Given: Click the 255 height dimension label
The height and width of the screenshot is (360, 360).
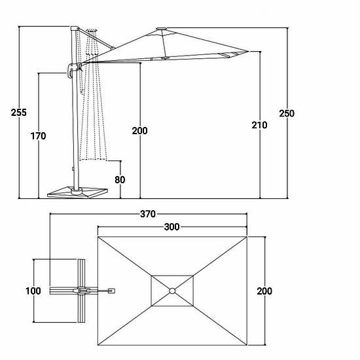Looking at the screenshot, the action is click(x=19, y=113).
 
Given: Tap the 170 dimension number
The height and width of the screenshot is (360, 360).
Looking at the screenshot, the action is click(x=39, y=136).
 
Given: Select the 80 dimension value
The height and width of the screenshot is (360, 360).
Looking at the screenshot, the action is click(x=120, y=180).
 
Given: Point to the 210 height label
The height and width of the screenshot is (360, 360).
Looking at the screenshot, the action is click(x=259, y=125).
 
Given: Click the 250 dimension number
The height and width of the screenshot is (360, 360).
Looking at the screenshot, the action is click(x=287, y=113).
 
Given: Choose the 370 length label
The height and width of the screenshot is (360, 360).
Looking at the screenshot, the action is click(x=148, y=214).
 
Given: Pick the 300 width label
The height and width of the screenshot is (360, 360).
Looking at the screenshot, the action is click(x=171, y=227).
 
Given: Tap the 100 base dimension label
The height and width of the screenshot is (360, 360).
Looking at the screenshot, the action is click(x=33, y=291).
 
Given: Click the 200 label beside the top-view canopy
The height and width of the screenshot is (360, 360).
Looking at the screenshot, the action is click(x=264, y=291).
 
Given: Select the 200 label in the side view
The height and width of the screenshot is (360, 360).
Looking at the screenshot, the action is click(x=140, y=131).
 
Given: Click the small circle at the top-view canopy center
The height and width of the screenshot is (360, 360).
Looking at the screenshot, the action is click(x=172, y=291).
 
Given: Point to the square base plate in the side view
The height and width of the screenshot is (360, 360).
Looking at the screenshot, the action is click(x=78, y=192).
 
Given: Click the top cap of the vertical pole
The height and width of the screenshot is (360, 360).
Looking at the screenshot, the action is click(x=75, y=28).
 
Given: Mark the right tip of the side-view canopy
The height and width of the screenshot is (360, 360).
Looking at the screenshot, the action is click(x=249, y=51).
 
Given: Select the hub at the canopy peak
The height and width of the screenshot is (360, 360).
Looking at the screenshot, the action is click(x=162, y=29).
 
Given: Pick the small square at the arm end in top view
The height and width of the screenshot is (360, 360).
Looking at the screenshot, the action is click(x=111, y=291).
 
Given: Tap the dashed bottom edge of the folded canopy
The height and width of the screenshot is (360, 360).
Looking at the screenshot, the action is click(x=93, y=159).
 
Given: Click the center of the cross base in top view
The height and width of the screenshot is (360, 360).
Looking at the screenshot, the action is click(x=81, y=291).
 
